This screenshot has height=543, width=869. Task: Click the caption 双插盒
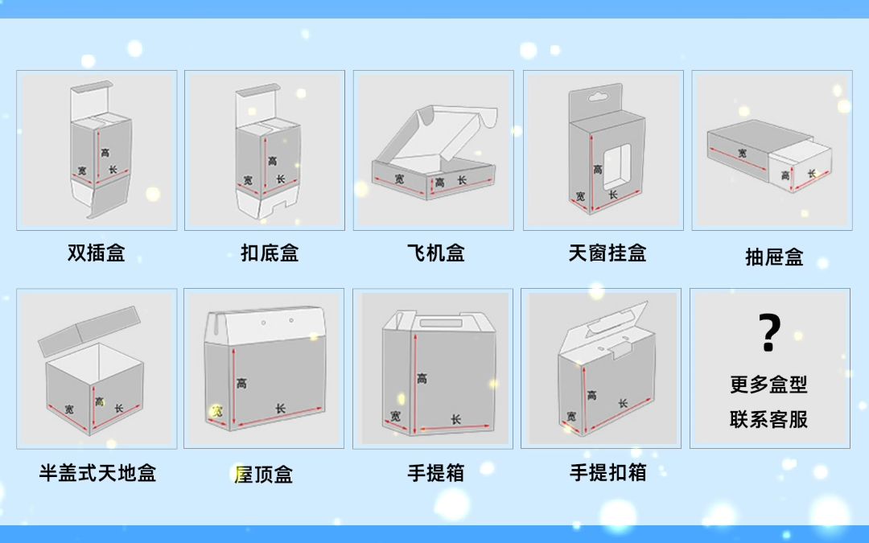96,253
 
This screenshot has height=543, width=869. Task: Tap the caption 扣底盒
270,253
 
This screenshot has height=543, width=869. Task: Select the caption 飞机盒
435,253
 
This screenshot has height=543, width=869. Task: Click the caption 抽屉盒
774,257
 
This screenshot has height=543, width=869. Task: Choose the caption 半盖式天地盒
97,473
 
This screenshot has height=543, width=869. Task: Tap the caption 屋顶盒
263,475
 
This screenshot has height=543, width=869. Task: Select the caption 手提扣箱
607,473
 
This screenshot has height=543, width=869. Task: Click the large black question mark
770,333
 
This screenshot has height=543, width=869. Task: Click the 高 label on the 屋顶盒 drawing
241,384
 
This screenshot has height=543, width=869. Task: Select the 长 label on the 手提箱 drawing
455,419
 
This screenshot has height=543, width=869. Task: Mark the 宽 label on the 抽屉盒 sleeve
741,153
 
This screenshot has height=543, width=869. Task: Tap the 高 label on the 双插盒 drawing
105,152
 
